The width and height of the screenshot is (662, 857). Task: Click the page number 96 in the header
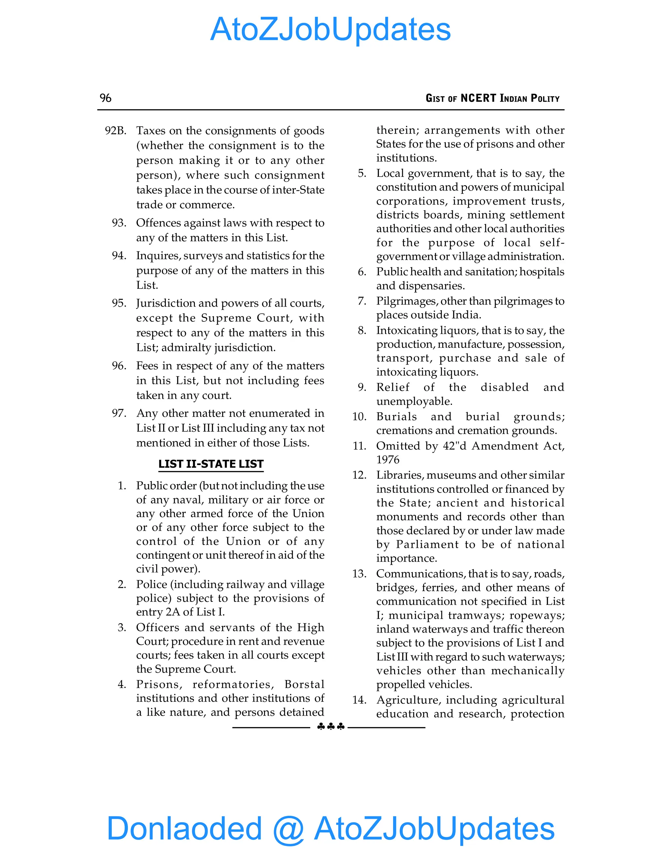tap(105, 98)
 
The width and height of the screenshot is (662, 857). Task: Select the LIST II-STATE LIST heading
tap(211, 464)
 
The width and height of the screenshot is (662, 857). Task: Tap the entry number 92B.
tap(116, 131)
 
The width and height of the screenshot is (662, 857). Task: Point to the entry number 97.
tap(119, 413)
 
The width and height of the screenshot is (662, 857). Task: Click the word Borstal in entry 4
tap(304, 684)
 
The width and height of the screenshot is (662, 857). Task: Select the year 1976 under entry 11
tap(388, 460)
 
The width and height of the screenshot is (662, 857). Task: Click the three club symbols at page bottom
tap(331, 727)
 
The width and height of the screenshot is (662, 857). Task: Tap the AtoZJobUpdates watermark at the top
tap(331, 29)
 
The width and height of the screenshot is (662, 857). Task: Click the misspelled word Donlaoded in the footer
tap(184, 828)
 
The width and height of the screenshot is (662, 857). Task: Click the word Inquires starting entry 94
tap(158, 255)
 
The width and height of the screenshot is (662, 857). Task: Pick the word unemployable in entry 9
tap(414, 401)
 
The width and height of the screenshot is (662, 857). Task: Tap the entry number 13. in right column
tap(359, 574)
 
